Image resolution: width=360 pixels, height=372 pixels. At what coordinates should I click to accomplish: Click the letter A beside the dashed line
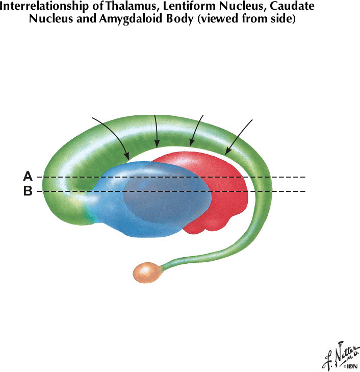click(28, 177)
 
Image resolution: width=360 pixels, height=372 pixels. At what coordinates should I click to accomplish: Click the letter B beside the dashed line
click(28, 191)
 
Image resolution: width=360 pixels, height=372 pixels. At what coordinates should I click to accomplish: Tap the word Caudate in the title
click(291, 7)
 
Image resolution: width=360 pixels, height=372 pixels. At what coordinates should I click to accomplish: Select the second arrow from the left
click(156, 130)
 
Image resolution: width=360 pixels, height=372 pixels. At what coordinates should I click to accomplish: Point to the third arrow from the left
click(196, 131)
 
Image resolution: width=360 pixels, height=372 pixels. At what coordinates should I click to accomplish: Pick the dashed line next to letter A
click(168, 177)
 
